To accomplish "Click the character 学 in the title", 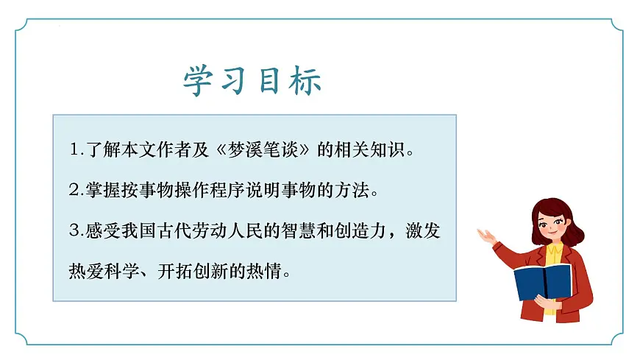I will [198, 81].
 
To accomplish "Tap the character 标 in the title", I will [305, 81].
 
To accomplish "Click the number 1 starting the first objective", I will [72, 150].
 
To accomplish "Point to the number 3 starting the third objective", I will [72, 231].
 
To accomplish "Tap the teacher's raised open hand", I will [486, 236].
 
